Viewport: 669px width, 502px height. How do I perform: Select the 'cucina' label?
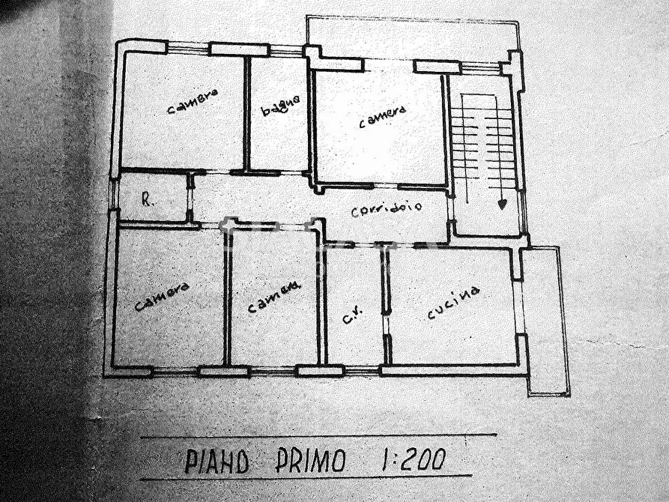tap(453, 303)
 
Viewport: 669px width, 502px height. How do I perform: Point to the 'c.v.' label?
tap(352, 317)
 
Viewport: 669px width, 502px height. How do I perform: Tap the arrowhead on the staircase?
tap(502, 202)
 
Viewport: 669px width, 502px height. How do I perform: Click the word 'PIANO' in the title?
tap(217, 460)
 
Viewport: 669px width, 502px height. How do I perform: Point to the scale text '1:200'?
tap(413, 459)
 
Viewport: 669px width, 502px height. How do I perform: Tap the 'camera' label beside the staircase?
tap(381, 116)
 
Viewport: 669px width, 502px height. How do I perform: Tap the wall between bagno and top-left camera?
tap(246, 112)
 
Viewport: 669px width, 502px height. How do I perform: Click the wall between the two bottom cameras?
tap(227, 300)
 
